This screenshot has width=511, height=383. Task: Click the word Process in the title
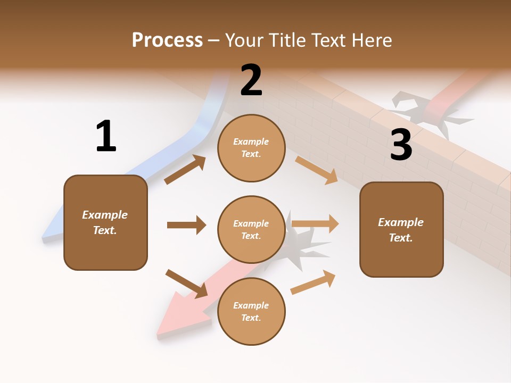(x=167, y=40)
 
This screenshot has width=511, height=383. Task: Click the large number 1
(x=106, y=137)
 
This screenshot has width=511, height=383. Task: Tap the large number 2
(x=251, y=81)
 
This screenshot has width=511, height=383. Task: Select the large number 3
(x=401, y=145)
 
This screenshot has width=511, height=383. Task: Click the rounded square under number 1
(x=105, y=222)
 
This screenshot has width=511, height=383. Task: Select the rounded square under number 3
(x=401, y=229)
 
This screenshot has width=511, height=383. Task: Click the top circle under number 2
(x=251, y=148)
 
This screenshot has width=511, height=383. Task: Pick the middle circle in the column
(x=251, y=229)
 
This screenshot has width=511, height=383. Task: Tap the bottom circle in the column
(x=251, y=311)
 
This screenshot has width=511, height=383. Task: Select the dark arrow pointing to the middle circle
(x=186, y=225)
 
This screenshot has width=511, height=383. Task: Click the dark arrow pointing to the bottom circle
(x=186, y=284)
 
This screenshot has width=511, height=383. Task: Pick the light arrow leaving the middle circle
(x=315, y=223)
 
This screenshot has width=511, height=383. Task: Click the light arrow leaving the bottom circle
(x=313, y=282)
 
